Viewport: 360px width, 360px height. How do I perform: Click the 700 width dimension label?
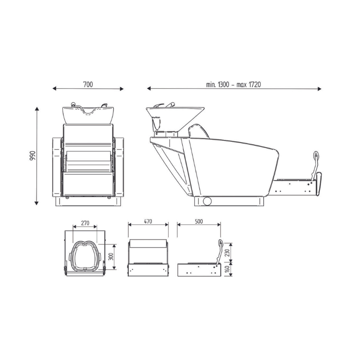(88, 85)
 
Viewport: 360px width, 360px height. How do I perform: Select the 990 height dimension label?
(32, 155)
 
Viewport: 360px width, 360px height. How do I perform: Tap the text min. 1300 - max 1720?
(233, 85)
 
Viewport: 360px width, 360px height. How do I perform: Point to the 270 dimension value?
(85, 223)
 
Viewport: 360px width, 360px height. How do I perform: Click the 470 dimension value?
(148, 221)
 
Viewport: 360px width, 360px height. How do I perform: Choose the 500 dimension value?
(199, 221)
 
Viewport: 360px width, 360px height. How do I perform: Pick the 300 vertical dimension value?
(111, 256)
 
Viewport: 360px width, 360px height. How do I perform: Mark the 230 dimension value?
(227, 252)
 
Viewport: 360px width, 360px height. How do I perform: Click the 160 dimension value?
(227, 269)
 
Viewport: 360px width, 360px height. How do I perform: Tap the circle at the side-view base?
(207, 201)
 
